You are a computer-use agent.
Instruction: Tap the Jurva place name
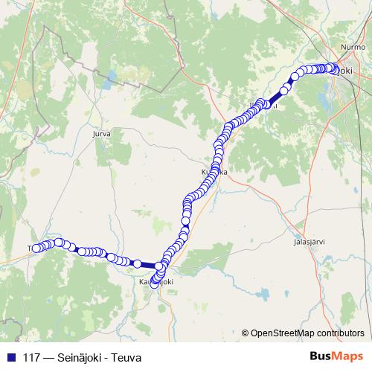[x=99, y=135]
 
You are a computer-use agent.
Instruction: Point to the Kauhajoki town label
[x=156, y=283]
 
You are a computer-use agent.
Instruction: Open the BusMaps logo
[x=336, y=356]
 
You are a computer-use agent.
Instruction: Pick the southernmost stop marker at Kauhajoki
[x=155, y=281]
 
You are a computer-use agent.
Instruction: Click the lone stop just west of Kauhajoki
[x=137, y=263]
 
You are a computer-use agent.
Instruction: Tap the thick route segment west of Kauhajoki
[x=147, y=265]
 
